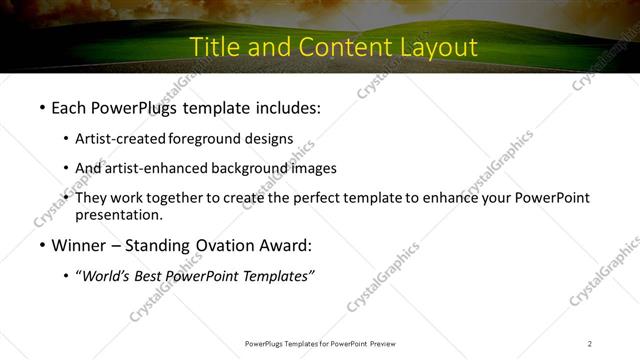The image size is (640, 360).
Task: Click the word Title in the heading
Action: (x=213, y=47)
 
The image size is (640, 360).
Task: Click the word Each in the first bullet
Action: (x=70, y=105)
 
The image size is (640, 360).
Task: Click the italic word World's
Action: (x=105, y=276)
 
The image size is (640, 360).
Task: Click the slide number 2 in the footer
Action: (x=590, y=343)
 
